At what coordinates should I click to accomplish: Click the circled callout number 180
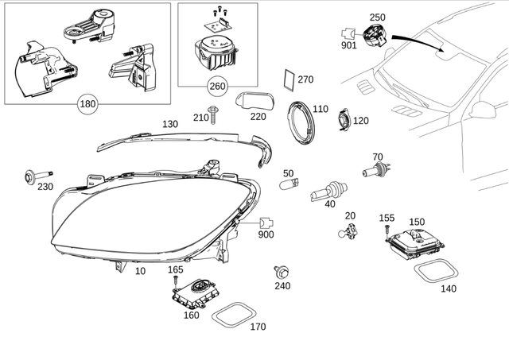tap(87, 103)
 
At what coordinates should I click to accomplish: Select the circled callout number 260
tap(217, 86)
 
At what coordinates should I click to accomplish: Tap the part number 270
tap(305, 79)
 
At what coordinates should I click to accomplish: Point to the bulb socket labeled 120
tap(341, 122)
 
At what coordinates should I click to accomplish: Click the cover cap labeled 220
tap(254, 101)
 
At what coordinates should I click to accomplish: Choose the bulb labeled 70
tap(375, 170)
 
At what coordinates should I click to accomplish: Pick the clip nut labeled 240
tap(281, 272)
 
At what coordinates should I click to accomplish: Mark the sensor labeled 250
tap(375, 36)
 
